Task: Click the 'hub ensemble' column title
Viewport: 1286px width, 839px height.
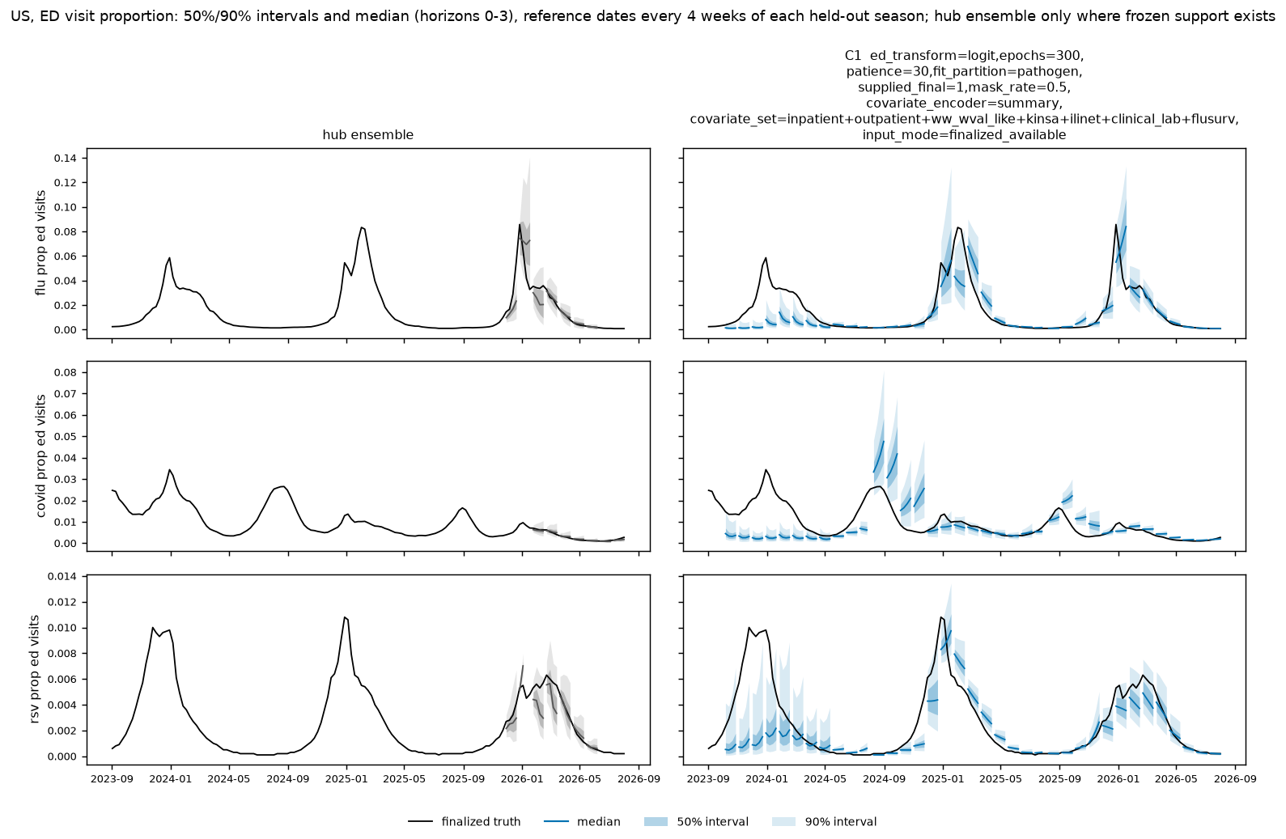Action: [x=367, y=135]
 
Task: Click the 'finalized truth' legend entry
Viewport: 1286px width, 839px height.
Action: [x=465, y=822]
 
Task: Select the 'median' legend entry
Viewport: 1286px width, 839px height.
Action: [x=582, y=822]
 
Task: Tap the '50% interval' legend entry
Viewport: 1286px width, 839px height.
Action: [x=696, y=822]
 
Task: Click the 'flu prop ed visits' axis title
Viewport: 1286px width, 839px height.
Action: [x=40, y=243]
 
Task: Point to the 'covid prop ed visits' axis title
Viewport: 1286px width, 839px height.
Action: [x=40, y=456]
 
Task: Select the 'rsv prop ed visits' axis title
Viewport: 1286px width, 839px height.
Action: [x=35, y=669]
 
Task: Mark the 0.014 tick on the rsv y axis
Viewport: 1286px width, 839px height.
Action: [x=66, y=577]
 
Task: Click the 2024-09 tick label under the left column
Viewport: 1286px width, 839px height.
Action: [x=288, y=779]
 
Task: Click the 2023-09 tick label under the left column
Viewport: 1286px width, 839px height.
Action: [x=112, y=779]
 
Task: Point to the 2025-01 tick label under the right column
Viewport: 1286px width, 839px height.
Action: [x=943, y=779]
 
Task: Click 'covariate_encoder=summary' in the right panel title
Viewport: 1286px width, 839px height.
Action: [x=964, y=104]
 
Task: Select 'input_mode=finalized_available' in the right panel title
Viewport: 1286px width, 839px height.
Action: [x=964, y=135]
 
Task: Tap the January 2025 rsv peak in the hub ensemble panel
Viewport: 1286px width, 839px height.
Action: [x=345, y=617]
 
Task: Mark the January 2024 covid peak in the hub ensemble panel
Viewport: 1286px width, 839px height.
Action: [x=169, y=469]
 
